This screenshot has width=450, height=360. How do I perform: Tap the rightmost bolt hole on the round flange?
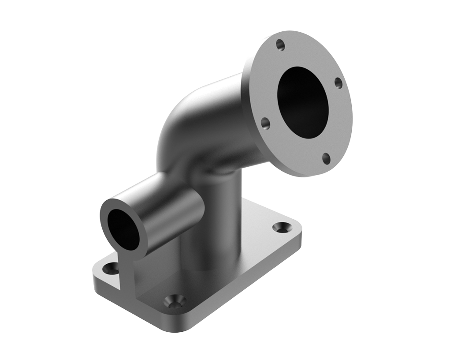click(x=338, y=82)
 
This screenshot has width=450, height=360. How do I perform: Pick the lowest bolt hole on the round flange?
click(x=326, y=157)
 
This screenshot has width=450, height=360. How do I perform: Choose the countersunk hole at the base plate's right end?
click(x=280, y=227)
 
